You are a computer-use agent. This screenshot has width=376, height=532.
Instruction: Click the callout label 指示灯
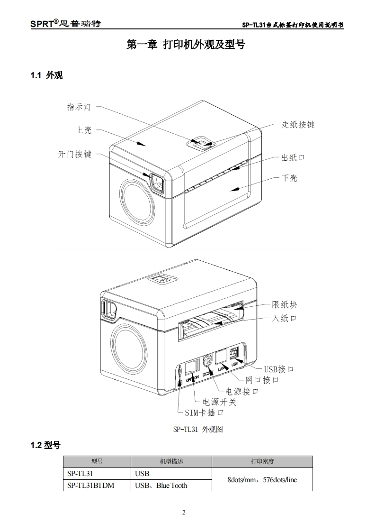pyautogui.click(x=79, y=107)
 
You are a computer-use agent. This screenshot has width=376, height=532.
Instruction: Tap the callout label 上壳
pyautogui.click(x=84, y=130)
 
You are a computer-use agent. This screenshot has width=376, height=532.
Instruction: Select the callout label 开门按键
pyautogui.click(x=74, y=155)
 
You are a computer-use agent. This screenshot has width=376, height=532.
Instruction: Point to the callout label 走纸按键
pyautogui.click(x=298, y=125)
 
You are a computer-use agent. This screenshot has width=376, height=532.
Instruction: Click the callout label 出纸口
pyautogui.click(x=293, y=157)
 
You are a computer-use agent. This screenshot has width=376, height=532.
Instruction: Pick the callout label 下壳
pyautogui.click(x=289, y=178)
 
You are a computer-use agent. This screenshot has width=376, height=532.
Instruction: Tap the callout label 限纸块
pyautogui.click(x=284, y=305)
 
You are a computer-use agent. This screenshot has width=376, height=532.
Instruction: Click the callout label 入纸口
pyautogui.click(x=284, y=318)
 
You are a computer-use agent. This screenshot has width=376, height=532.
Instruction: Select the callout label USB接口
pyautogui.click(x=279, y=369)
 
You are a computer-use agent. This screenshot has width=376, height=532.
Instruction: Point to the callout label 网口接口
pyautogui.click(x=262, y=380)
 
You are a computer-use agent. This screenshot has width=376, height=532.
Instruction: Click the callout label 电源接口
pyautogui.click(x=242, y=392)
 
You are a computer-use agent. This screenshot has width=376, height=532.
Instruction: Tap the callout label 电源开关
pyautogui.click(x=219, y=403)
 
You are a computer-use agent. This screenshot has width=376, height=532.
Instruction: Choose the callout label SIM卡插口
pyautogui.click(x=204, y=413)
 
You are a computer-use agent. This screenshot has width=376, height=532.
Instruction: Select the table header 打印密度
pyautogui.click(x=262, y=461)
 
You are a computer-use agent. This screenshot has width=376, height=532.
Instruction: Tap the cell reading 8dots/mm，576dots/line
pyautogui.click(x=262, y=479)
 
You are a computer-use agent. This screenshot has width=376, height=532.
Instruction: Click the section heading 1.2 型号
pyautogui.click(x=45, y=445)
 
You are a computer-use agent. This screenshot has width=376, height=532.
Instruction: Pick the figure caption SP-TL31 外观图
pyautogui.click(x=197, y=430)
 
